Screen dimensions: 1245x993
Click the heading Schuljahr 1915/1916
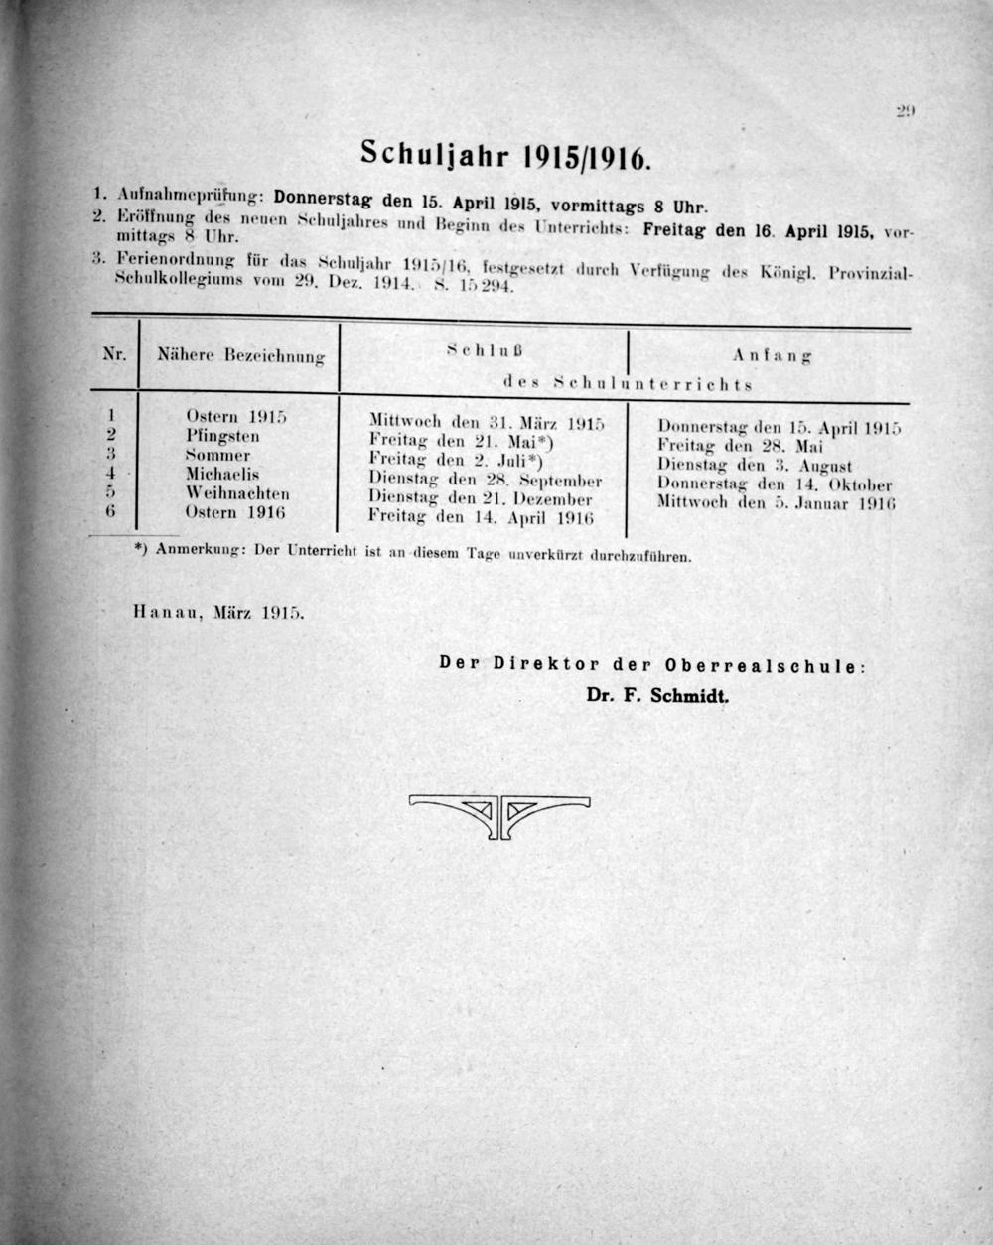point(504,154)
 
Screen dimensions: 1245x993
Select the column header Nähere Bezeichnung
point(241,354)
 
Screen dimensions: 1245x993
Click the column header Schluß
point(485,349)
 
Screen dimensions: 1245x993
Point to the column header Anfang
point(773,354)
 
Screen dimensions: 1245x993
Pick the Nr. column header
point(114,352)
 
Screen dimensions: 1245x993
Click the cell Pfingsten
point(222,436)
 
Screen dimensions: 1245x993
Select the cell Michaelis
point(222,475)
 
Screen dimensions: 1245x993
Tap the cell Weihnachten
point(236,493)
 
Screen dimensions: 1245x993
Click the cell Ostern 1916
point(234,512)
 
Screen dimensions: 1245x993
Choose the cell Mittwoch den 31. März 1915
point(487,422)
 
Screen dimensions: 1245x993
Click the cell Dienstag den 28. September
point(485,481)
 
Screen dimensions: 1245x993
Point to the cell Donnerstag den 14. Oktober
point(775,484)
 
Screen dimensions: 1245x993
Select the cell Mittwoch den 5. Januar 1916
point(777,503)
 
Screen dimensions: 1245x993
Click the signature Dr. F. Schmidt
point(657,695)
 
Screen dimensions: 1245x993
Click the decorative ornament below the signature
point(496,813)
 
